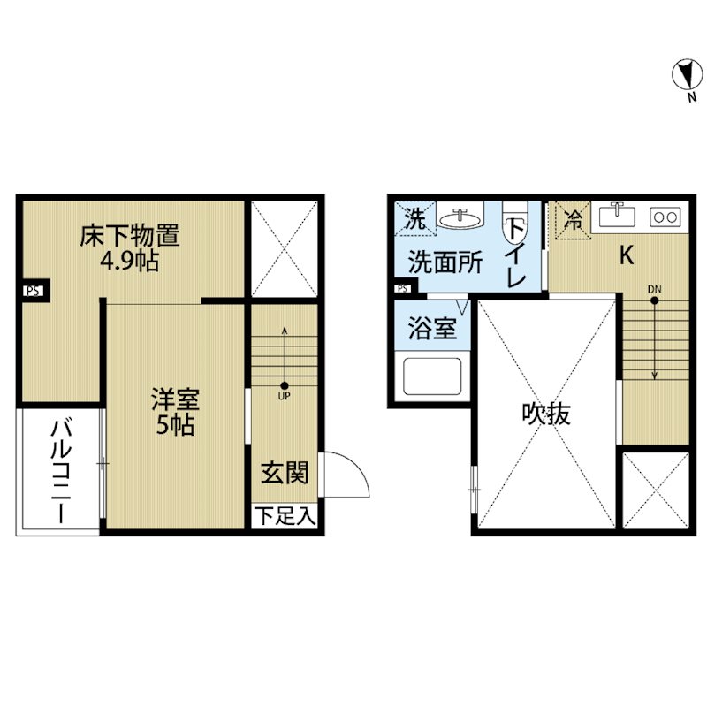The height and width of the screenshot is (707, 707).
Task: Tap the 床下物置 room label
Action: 129,235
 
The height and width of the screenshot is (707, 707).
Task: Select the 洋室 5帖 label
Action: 175,411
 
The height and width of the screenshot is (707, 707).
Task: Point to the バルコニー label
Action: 61,470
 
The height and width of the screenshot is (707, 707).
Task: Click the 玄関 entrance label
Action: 285,473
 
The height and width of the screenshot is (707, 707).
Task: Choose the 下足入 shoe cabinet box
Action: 284,515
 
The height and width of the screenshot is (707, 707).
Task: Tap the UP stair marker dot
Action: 284,385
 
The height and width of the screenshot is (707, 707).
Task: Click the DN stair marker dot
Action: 654,300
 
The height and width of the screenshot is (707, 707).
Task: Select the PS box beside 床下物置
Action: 34,291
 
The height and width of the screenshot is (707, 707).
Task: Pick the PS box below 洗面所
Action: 404,289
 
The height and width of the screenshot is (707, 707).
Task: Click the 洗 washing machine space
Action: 415,218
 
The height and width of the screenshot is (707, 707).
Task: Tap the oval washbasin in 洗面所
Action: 460,219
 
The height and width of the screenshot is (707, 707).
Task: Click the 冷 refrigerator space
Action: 572,220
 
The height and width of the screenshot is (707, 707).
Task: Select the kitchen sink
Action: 617,217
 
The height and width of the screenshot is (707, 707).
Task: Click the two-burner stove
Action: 665,217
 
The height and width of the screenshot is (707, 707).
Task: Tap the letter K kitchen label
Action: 627,255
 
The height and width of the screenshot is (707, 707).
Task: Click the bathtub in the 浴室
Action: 432,376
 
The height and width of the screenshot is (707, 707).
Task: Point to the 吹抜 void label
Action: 546,413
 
